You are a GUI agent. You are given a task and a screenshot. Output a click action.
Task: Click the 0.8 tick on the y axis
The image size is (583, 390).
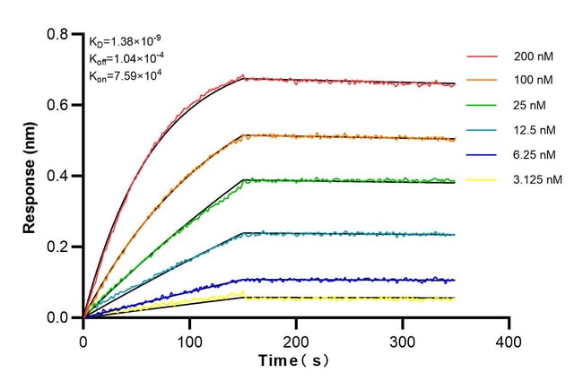(59, 35)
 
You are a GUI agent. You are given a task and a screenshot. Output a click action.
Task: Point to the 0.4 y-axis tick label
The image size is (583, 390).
(59, 176)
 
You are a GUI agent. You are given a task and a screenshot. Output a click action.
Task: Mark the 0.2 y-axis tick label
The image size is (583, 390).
(59, 247)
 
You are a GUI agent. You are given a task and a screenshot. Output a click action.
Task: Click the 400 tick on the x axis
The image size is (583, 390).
(509, 342)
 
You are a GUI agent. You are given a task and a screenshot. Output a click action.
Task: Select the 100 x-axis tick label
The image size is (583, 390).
(189, 342)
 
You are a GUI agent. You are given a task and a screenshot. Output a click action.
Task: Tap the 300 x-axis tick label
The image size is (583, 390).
(403, 342)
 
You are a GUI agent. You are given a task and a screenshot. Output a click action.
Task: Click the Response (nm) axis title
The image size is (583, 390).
(30, 176)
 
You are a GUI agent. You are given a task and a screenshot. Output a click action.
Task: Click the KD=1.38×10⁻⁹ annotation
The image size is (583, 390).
(126, 41)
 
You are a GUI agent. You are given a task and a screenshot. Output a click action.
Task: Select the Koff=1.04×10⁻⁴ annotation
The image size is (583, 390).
(126, 58)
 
